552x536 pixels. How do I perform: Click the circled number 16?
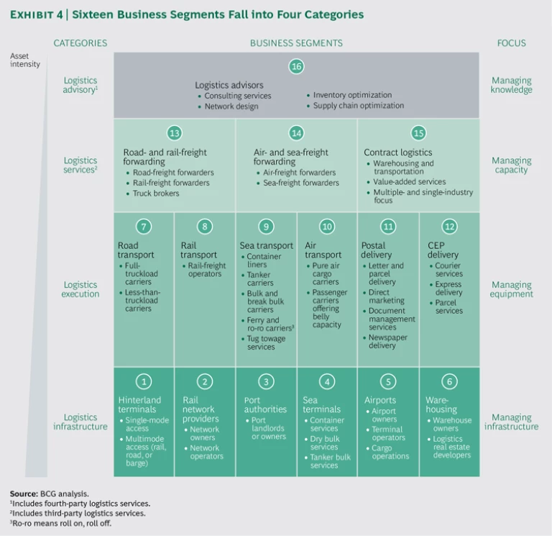click(x=296, y=67)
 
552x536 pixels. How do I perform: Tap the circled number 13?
click(x=174, y=133)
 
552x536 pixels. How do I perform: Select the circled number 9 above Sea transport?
click(x=266, y=227)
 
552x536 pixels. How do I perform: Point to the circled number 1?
click(x=144, y=381)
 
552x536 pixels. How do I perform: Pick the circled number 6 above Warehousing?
click(x=449, y=381)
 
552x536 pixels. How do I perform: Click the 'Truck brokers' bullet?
click(x=156, y=194)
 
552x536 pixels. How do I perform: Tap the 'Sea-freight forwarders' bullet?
click(x=301, y=183)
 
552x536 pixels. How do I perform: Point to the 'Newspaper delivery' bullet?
click(x=383, y=341)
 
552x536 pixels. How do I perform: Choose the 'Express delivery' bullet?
click(x=449, y=289)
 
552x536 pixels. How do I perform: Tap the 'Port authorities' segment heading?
click(x=263, y=405)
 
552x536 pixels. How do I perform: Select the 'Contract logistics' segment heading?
click(x=397, y=153)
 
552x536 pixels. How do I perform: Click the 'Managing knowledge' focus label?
click(x=511, y=86)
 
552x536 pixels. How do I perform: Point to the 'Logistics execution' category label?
click(x=80, y=290)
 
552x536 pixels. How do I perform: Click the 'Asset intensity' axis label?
click(x=25, y=60)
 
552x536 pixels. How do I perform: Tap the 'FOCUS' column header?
click(x=511, y=43)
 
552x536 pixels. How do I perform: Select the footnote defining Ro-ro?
click(x=65, y=523)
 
